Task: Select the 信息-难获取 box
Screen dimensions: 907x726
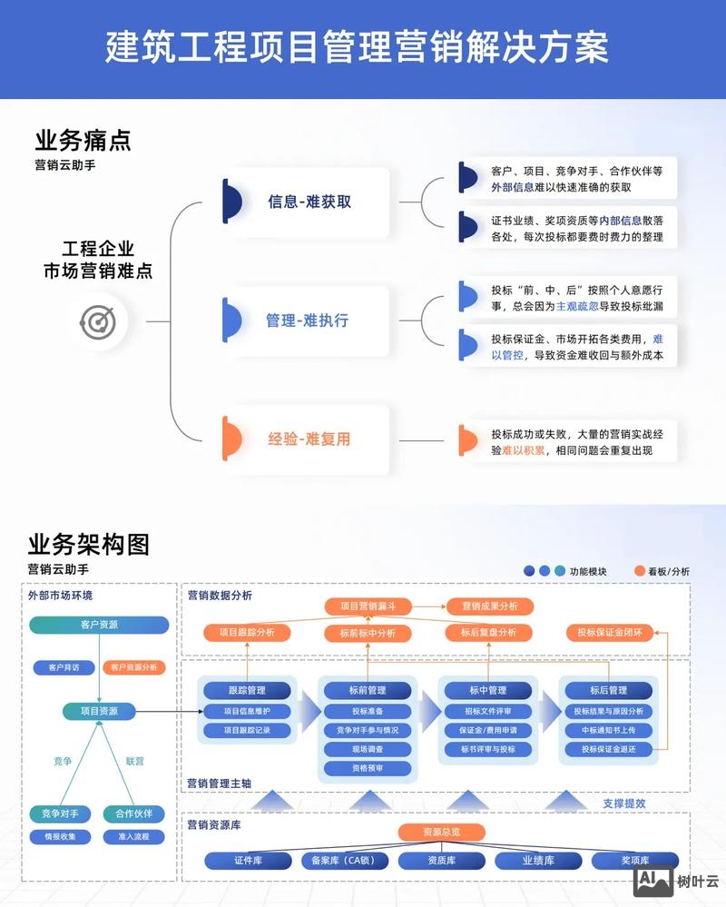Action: (x=309, y=202)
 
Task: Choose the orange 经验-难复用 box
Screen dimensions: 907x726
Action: (x=309, y=439)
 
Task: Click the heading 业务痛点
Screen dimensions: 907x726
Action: (x=83, y=141)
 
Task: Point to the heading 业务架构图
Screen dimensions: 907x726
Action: (x=88, y=544)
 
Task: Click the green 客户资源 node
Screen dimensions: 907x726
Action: (x=99, y=625)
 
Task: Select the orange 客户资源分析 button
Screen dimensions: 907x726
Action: (x=133, y=667)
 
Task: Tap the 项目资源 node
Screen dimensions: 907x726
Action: (x=99, y=711)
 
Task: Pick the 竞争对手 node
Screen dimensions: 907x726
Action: (x=60, y=813)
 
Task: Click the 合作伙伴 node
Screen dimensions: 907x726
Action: (x=133, y=813)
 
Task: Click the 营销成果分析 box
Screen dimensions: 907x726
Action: (x=489, y=606)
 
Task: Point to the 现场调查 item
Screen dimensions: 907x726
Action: (x=367, y=749)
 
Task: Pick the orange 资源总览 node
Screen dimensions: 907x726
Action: (x=441, y=832)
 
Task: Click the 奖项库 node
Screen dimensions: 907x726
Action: (x=635, y=861)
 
